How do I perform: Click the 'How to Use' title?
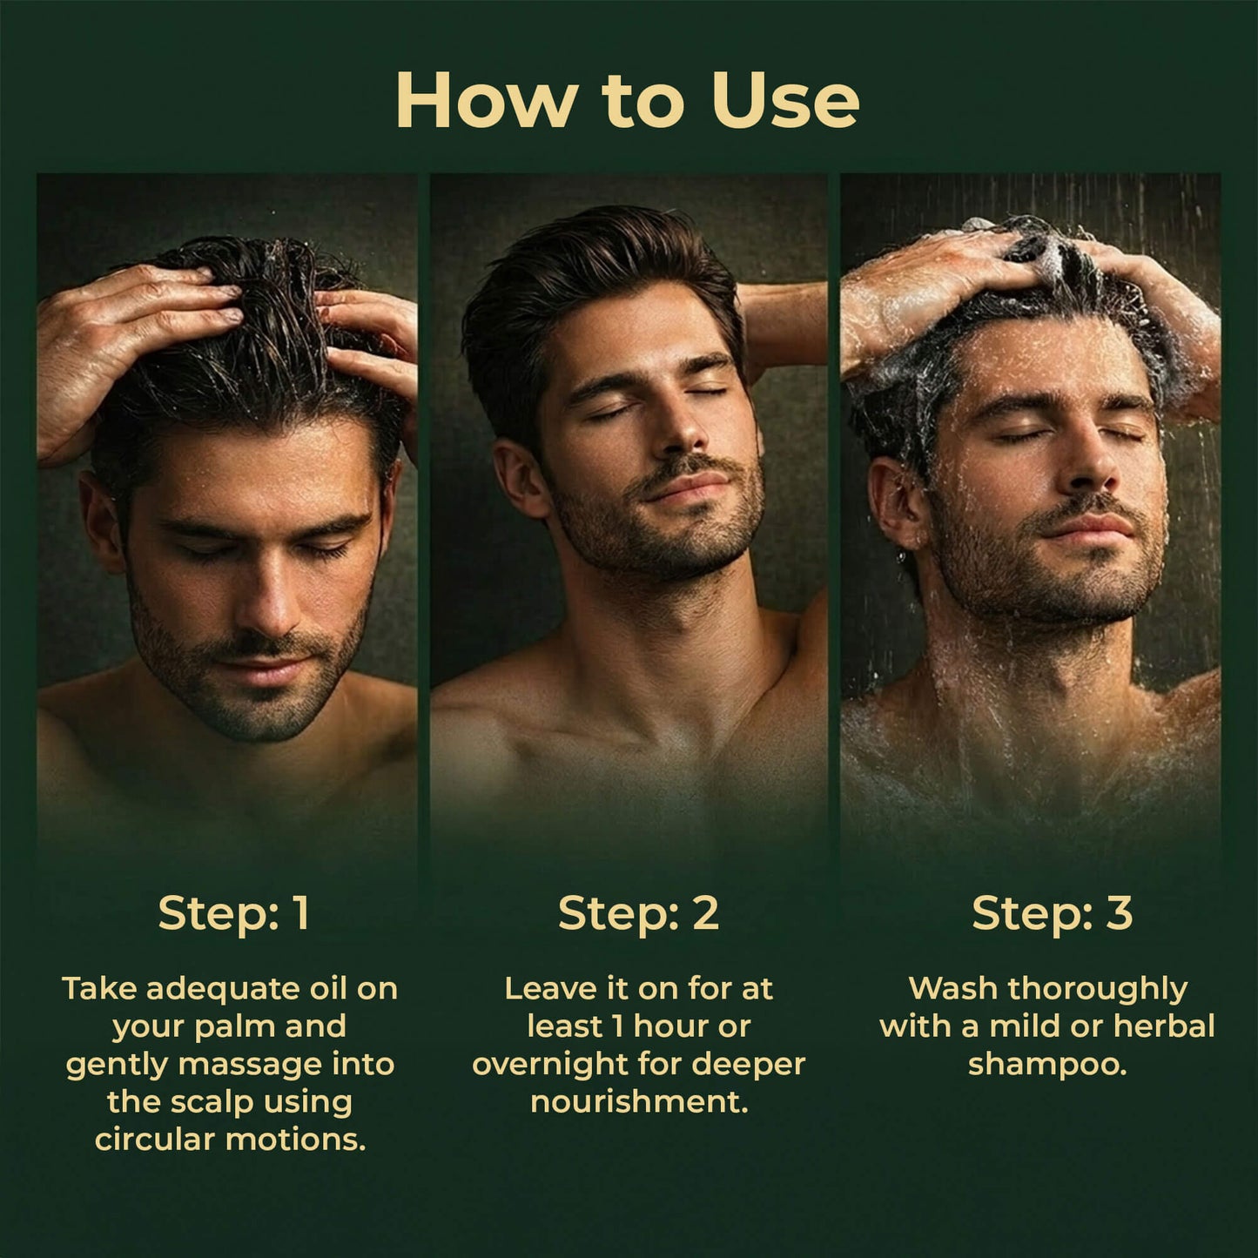click(x=628, y=101)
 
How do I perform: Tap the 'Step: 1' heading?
click(x=233, y=913)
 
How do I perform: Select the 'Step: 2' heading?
click(x=638, y=913)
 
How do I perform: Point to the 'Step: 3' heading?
click(x=1052, y=913)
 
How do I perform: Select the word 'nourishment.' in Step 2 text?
click(x=639, y=1102)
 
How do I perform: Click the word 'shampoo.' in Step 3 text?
click(x=1047, y=1064)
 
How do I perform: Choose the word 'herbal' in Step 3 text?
click(x=1164, y=1026)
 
